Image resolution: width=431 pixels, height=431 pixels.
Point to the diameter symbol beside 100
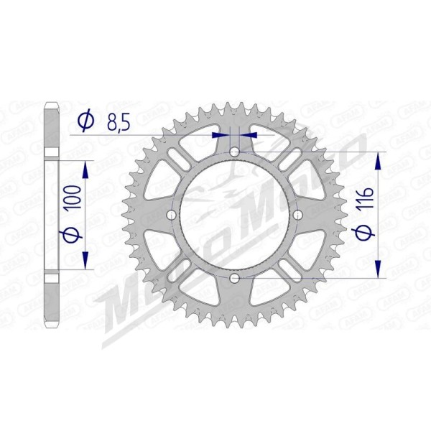coord(70,236)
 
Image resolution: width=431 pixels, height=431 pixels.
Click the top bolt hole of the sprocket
coord(235,151)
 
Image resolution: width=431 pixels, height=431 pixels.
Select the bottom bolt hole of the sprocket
coord(235,279)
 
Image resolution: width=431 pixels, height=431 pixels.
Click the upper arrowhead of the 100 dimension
coord(86,168)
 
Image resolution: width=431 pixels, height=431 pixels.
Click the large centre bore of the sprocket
coord(235,215)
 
